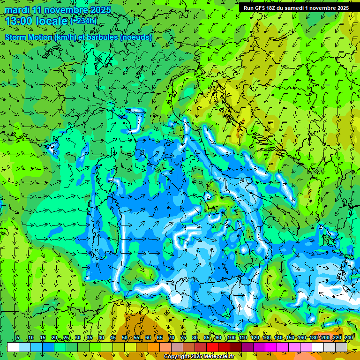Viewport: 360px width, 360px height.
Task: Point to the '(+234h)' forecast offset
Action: pos(84,21)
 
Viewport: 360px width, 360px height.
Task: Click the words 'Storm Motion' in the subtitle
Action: pos(29,37)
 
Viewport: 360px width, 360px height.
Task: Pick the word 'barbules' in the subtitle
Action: pos(103,37)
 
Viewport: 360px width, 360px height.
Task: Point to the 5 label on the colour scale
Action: pos(17,338)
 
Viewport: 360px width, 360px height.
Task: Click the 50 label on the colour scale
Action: pos(124,338)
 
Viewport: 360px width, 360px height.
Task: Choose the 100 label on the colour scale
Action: pos(231,338)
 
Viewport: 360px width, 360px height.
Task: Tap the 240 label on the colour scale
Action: pos(348,338)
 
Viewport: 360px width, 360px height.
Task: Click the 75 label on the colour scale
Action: pos(183,338)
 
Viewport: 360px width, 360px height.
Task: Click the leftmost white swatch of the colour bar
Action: pos(13,347)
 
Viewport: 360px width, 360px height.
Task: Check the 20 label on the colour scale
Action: pos(54,338)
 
